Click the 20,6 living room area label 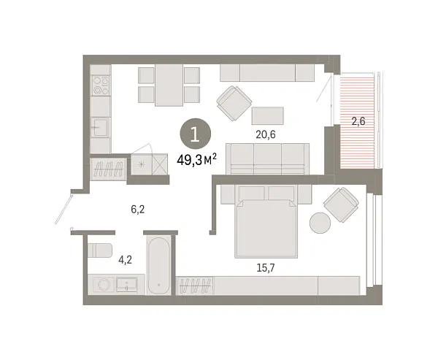pos(266,134)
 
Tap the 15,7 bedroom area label pos(266,268)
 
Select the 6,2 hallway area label pos(138,210)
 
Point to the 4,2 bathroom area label pos(125,260)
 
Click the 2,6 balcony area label pos(358,121)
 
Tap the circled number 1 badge pos(195,134)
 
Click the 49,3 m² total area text pos(196,161)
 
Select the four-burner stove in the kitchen pos(101,85)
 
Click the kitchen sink pos(100,128)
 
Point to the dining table pos(169,85)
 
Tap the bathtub pos(158,265)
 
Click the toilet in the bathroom pos(100,250)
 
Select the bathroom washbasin pos(126,284)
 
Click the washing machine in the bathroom pos(104,285)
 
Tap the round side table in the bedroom pos(320,223)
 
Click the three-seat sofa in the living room pos(268,159)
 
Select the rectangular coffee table pos(268,115)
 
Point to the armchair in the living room pos(234,103)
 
